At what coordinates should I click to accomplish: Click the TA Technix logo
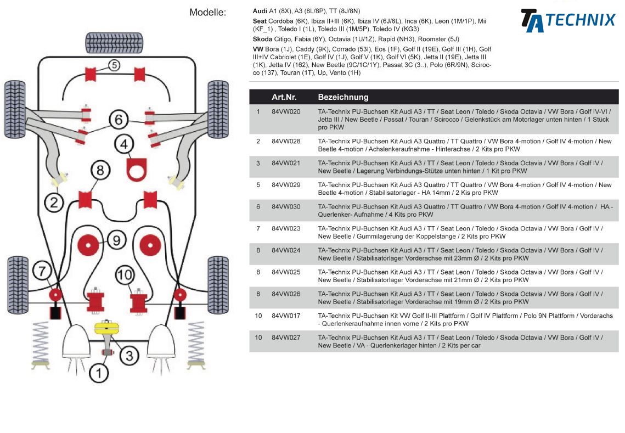(x=567, y=21)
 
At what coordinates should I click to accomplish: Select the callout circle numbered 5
(x=114, y=65)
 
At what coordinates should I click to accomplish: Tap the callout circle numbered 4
(x=124, y=144)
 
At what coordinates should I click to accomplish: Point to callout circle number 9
(x=116, y=240)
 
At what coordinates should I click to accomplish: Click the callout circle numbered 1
(x=99, y=374)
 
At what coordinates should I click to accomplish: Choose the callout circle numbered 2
(x=54, y=203)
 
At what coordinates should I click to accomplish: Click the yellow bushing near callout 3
(x=107, y=328)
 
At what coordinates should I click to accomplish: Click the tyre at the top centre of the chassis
(x=114, y=42)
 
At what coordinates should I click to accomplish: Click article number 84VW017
(x=286, y=316)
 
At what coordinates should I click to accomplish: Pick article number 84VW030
(x=286, y=207)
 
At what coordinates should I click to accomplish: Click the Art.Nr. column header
(x=284, y=97)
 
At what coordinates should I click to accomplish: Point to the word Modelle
(x=207, y=12)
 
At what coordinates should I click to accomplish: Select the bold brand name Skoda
(x=262, y=40)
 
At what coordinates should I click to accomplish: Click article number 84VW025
(x=286, y=272)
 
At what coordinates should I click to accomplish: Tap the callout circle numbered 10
(x=125, y=274)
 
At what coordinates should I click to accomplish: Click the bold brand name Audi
(x=260, y=11)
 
